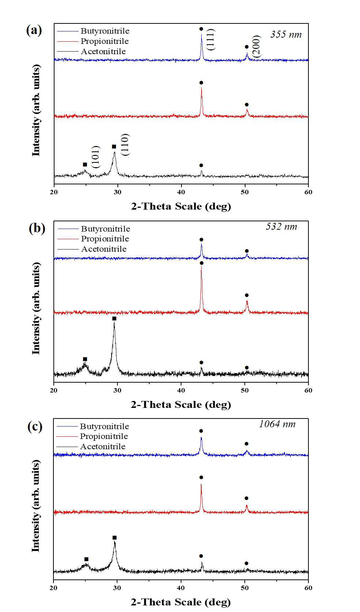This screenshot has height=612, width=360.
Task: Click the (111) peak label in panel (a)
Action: (211, 40)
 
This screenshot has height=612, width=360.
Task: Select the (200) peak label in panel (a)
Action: (256, 46)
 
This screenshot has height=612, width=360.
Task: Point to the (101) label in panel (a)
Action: (96, 157)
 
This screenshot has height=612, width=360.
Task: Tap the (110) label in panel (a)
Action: (125, 145)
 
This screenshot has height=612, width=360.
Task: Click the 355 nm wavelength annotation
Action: (286, 34)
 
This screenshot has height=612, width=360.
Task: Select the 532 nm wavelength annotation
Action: (282, 226)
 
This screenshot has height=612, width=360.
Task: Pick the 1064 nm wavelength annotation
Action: (277, 424)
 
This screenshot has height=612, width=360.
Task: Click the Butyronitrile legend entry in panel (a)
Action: (105, 31)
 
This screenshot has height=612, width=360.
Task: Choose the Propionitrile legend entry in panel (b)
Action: (105, 239)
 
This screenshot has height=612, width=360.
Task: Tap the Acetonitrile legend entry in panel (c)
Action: (103, 446)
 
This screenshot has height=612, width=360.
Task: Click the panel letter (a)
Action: (34, 30)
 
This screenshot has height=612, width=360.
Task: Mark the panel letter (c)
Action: (35, 427)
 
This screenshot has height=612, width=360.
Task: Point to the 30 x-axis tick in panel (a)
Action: (117, 192)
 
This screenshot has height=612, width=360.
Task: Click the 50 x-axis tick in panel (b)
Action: (245, 390)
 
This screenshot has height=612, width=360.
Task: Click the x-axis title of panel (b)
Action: (181, 404)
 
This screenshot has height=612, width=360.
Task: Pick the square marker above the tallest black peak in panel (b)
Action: (114, 319)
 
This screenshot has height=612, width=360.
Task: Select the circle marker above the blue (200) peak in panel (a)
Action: (247, 47)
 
